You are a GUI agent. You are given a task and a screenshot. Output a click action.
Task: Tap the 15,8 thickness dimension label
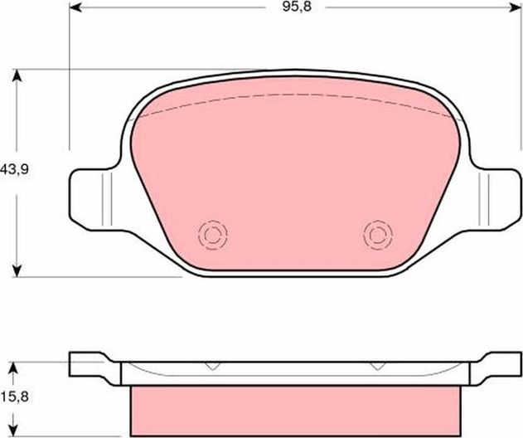pos(13,397)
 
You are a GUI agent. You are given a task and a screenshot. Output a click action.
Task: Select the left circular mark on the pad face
pos(213,235)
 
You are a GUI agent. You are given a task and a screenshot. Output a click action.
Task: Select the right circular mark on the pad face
pos(377,235)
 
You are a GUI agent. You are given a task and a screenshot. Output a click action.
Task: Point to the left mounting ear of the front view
pos(90,197)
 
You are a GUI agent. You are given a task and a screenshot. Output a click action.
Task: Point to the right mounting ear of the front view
pos(500,197)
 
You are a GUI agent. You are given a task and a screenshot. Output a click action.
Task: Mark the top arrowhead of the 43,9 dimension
pos(17,75)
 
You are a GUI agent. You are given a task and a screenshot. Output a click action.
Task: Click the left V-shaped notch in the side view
pos(212,366)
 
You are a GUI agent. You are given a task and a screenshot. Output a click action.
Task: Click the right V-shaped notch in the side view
pos(376,366)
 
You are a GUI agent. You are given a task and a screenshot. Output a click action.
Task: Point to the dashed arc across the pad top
pos(295,95)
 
